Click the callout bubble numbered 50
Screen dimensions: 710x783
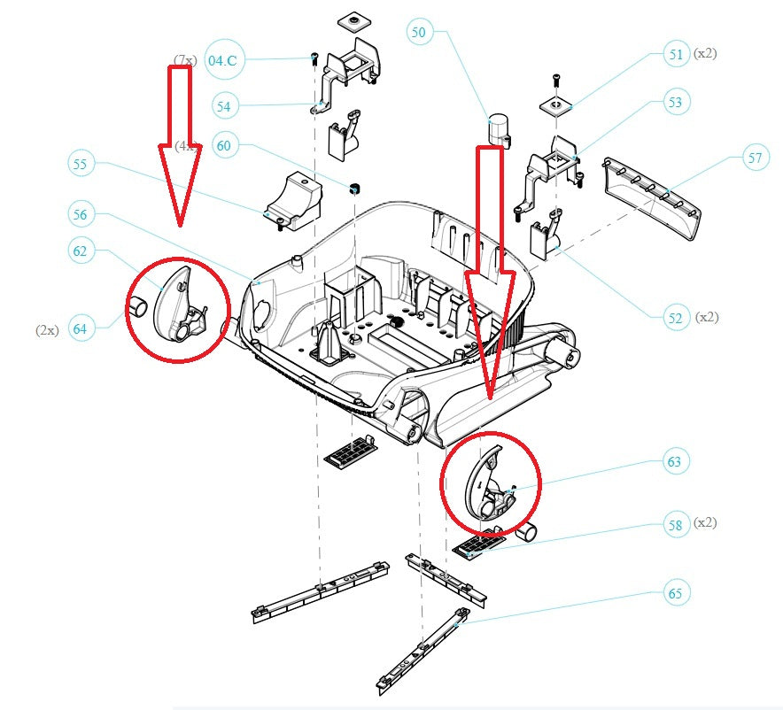point(419,33)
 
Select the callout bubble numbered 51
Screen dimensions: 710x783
point(676,54)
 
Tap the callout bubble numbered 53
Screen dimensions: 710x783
point(676,103)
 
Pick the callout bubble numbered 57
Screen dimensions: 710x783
point(755,159)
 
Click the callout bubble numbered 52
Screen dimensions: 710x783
point(676,317)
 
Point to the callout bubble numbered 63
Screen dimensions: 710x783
point(676,461)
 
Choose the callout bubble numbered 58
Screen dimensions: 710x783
point(676,525)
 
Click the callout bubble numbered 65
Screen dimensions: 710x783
point(676,593)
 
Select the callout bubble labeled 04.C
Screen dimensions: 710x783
point(221,60)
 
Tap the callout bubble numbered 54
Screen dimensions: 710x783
point(225,106)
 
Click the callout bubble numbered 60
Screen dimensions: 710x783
point(225,146)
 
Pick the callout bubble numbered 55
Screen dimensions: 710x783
point(81,164)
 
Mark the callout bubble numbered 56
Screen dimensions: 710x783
point(81,214)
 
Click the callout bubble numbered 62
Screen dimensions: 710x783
point(81,251)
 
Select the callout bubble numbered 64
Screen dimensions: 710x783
point(81,329)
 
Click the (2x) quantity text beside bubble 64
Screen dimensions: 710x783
point(47,329)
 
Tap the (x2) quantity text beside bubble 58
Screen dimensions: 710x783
point(706,522)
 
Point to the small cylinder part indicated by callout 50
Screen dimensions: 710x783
point(499,130)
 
